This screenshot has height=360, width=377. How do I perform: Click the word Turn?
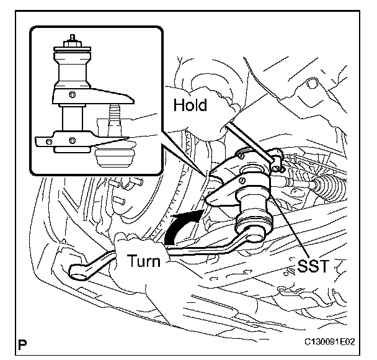point(144,261)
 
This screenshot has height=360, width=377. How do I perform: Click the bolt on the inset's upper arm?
point(72,94)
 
